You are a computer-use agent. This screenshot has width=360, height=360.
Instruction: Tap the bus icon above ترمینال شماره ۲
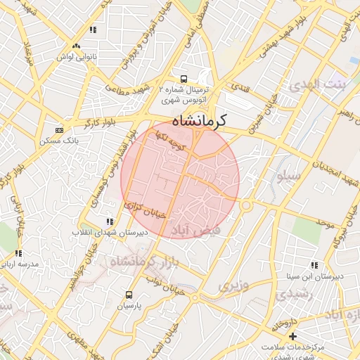[x=184, y=79]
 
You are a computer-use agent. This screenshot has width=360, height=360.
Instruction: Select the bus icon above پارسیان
[x=129, y=295]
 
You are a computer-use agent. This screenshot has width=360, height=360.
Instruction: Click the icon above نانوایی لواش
[x=92, y=30]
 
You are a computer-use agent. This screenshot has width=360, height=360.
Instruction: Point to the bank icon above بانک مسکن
[x=60, y=130]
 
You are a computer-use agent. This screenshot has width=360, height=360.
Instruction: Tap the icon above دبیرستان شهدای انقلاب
[x=108, y=221]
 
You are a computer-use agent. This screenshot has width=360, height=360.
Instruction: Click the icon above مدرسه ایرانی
[x=18, y=253]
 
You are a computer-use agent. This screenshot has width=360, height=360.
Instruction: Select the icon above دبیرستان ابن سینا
[x=314, y=265]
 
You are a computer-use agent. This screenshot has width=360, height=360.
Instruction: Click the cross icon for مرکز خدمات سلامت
[x=293, y=336]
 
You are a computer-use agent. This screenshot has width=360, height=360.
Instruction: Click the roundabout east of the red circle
[x=246, y=205]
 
